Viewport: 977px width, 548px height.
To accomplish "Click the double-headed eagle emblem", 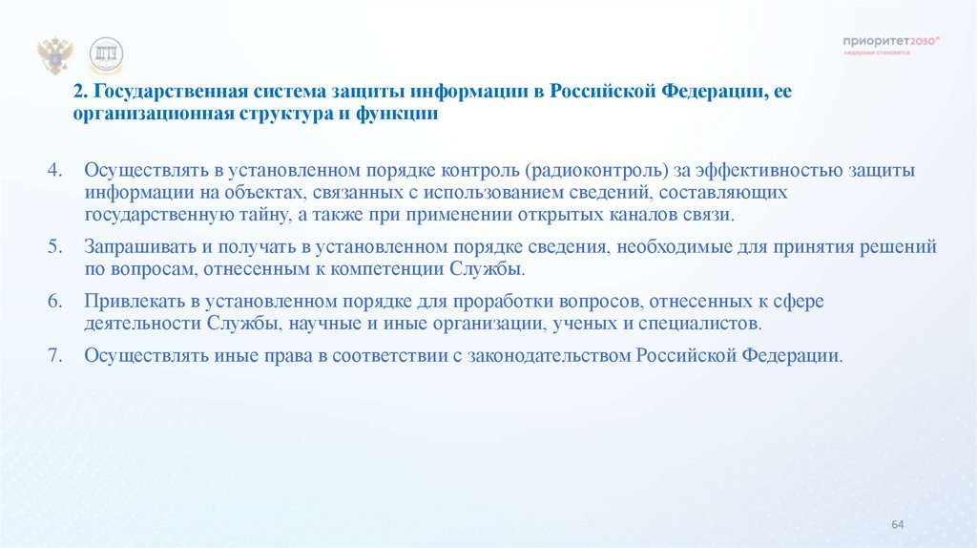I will click(54, 56).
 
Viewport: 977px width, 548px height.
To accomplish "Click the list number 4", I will click(54, 170).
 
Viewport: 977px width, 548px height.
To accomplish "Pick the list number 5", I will click(54, 246).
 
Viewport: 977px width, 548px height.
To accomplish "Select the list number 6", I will click(54, 301).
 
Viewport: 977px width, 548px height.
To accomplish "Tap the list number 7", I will click(54, 355).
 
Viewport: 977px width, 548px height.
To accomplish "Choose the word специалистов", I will click(706, 324).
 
